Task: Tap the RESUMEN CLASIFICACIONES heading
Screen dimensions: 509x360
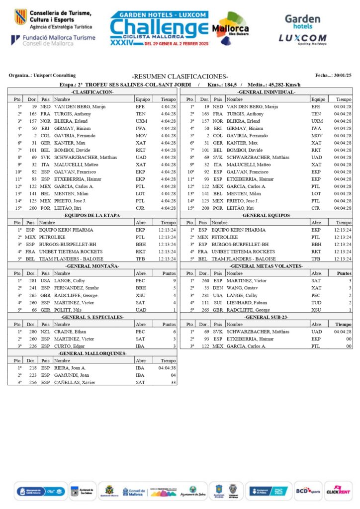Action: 180,76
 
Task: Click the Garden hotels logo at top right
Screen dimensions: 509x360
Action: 302,21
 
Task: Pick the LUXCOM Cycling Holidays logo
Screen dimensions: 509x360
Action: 302,39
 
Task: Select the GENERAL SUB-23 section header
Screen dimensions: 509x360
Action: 266,317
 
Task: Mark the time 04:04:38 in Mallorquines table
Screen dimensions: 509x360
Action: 167,368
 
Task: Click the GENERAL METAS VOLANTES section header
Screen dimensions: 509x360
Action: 266,266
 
